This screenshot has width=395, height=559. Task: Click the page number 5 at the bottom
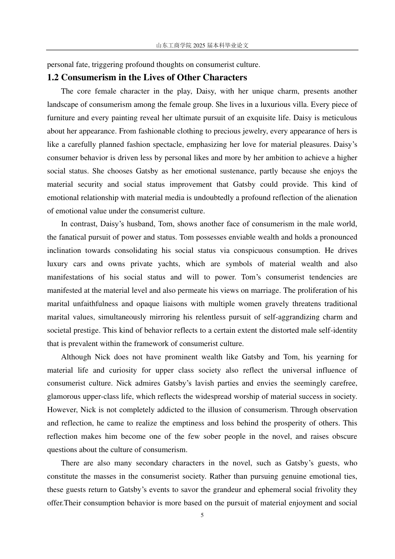click(x=202, y=515)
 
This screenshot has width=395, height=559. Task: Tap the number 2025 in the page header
click(x=199, y=46)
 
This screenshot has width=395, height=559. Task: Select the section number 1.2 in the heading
click(x=53, y=77)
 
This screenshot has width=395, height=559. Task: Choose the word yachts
click(x=168, y=264)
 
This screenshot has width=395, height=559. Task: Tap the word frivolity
click(x=324, y=490)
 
